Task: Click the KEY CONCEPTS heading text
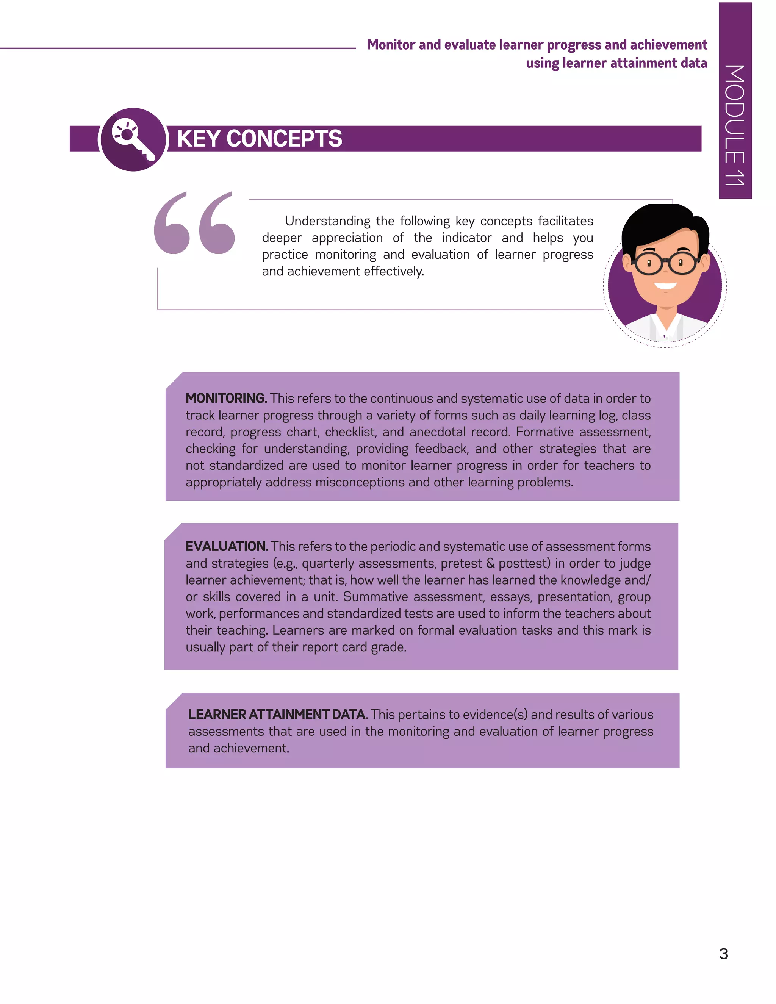tap(259, 138)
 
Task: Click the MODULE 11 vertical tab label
tap(734, 125)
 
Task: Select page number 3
tap(724, 954)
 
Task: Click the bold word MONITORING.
tap(226, 398)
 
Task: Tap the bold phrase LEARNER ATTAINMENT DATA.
tap(278, 715)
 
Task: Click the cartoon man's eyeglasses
tap(666, 263)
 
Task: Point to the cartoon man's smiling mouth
tap(665, 286)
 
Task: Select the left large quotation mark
tap(172, 224)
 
